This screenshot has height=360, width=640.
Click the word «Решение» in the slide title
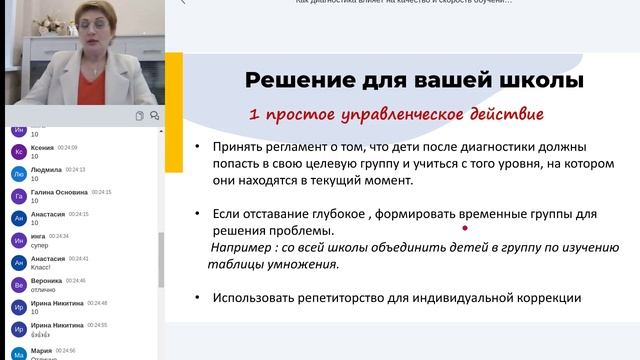point(293,80)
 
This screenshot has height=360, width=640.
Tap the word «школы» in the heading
point(540,80)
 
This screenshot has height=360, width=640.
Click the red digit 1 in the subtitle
point(255,114)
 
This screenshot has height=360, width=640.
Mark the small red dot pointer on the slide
point(465,234)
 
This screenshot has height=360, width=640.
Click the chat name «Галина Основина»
point(59,192)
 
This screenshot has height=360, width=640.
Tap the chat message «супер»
point(41,245)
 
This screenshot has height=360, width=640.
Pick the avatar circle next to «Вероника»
point(18,285)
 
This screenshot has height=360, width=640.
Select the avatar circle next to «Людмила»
point(18,173)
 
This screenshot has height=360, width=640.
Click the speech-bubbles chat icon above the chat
point(154,116)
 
